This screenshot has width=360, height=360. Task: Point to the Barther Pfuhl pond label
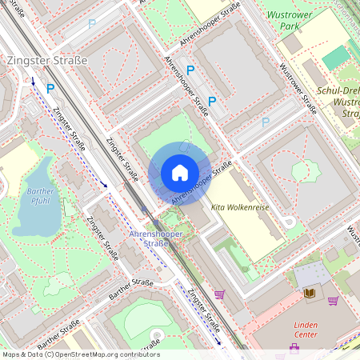point(39,197)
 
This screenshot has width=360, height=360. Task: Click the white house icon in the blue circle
point(180,173)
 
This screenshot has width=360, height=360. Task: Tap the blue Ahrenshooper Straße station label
point(150,238)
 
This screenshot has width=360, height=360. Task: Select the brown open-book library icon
point(310,294)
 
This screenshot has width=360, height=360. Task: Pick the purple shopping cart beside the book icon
point(332,301)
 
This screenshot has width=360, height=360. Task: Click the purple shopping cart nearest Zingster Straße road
point(219,294)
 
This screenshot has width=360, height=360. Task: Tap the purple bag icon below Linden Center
point(294,348)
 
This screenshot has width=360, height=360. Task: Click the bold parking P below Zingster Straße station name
point(50,89)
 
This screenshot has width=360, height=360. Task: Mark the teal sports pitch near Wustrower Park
point(337,56)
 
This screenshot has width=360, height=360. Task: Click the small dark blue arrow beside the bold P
point(34,80)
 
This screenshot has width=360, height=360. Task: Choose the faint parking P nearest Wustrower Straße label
point(264,122)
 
